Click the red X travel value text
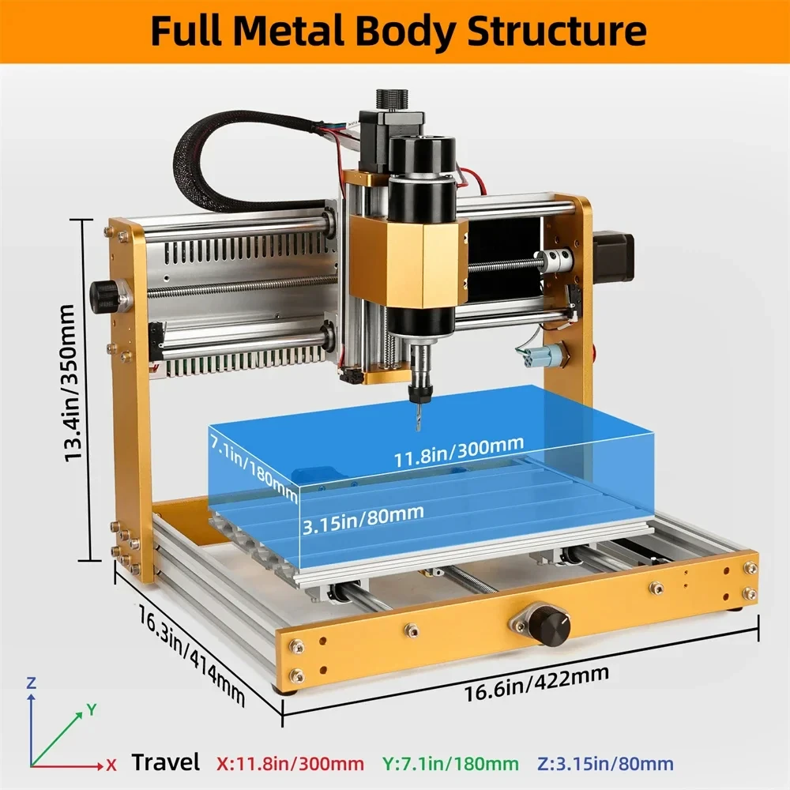point(290,764)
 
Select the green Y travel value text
point(450,764)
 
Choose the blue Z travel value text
point(606,764)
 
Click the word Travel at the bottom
point(165,763)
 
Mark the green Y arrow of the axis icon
point(59,732)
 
